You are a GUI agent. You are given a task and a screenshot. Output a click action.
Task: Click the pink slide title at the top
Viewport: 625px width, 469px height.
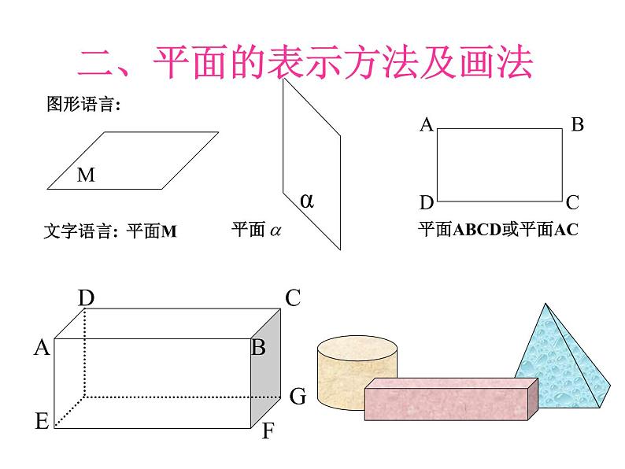tap(305, 63)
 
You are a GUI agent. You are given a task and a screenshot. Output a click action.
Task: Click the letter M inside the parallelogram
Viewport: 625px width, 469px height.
tap(86, 175)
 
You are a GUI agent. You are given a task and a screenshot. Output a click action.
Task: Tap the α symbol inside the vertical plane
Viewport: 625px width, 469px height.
tap(307, 201)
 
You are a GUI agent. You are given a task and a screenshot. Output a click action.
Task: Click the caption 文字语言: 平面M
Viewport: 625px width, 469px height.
tap(110, 231)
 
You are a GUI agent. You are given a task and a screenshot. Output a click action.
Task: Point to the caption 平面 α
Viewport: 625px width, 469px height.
tap(257, 231)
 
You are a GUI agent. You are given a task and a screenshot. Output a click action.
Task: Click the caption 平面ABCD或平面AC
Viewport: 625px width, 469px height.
tap(497, 231)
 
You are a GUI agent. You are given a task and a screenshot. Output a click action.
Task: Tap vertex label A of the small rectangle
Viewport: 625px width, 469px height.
tap(426, 124)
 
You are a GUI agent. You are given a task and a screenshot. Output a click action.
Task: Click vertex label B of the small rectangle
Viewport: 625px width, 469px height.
tap(577, 124)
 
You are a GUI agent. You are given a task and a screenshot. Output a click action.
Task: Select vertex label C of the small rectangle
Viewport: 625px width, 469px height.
tap(572, 202)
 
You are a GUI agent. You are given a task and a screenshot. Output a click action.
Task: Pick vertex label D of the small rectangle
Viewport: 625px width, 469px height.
tap(426, 203)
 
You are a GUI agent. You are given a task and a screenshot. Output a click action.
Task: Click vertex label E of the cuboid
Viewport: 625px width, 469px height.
tap(42, 421)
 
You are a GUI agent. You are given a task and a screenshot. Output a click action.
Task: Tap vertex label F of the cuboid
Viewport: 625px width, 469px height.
tap(268, 431)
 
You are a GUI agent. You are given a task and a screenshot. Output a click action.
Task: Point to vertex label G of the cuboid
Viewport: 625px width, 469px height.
tap(298, 396)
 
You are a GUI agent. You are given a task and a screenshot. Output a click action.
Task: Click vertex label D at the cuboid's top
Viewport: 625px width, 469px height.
tap(87, 297)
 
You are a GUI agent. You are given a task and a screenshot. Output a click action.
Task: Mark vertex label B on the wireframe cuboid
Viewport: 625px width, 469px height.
tap(258, 347)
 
